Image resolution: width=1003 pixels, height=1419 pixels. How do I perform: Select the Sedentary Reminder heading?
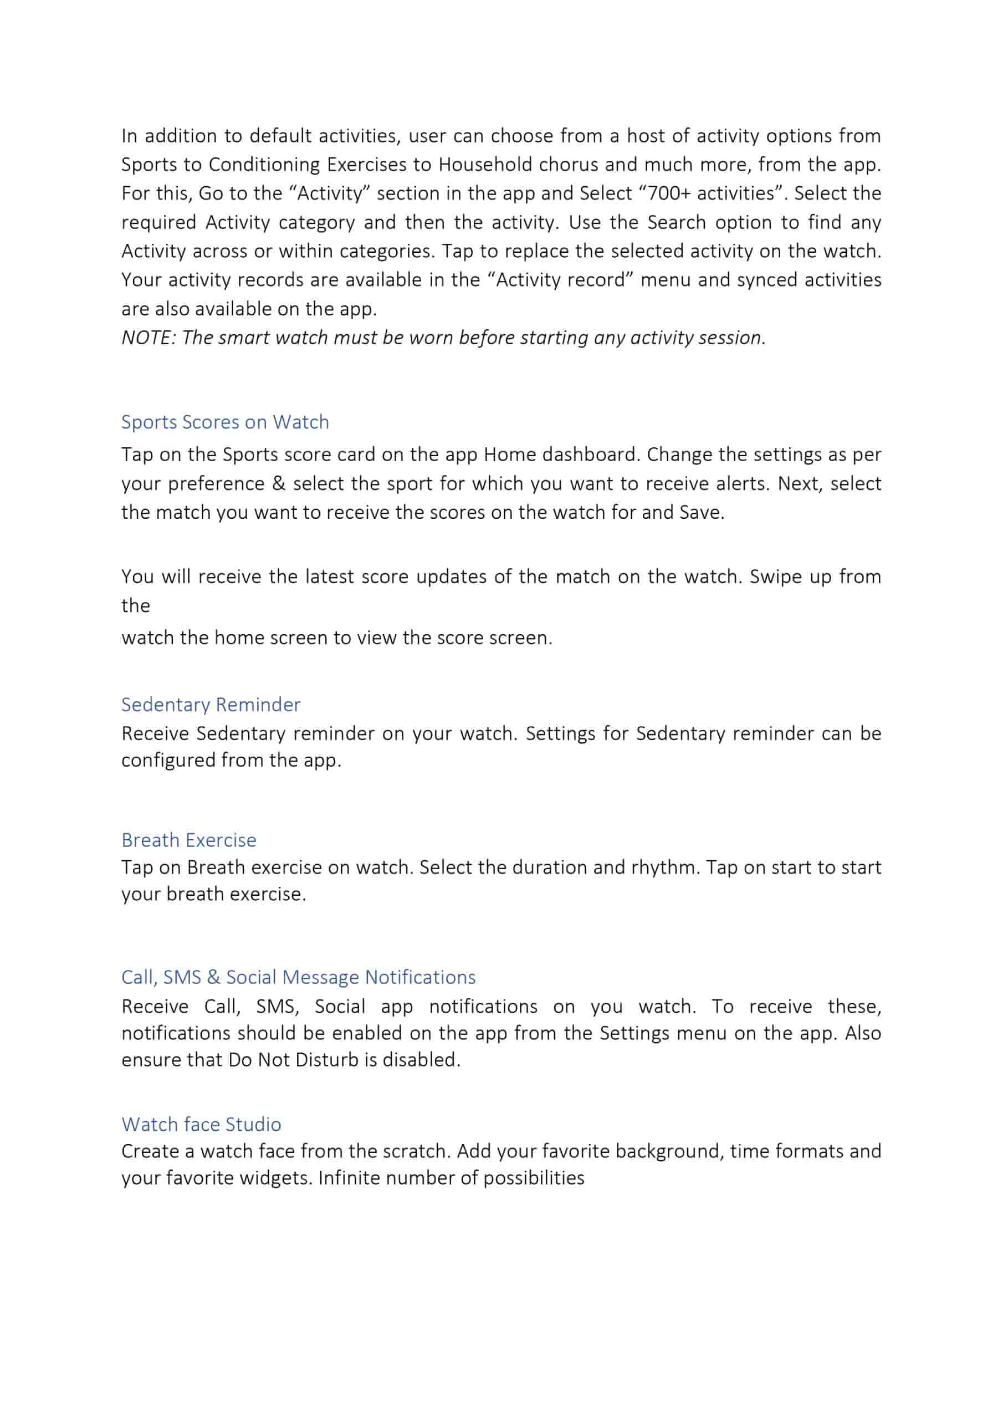click(211, 704)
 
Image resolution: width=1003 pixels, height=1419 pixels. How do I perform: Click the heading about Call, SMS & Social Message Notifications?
click(299, 977)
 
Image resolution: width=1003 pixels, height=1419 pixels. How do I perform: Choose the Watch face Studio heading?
click(202, 1124)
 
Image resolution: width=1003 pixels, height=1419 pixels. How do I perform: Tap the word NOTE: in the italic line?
click(149, 338)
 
